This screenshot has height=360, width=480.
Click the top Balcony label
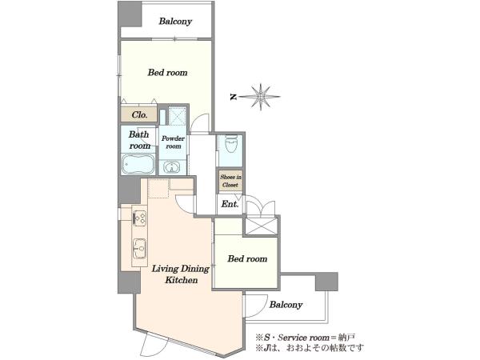click(x=175, y=21)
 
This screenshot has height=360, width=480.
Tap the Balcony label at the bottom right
click(x=286, y=305)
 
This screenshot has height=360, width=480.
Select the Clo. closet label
click(x=139, y=114)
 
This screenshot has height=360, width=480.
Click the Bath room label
click(x=139, y=140)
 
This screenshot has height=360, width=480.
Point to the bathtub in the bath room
click(x=138, y=164)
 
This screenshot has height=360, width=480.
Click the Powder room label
click(x=173, y=142)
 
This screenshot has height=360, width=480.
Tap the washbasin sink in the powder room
click(x=172, y=167)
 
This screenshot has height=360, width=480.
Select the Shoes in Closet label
click(x=230, y=181)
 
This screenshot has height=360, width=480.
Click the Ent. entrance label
click(x=230, y=204)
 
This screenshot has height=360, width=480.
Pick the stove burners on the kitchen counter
click(x=139, y=218)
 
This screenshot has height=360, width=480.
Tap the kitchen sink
click(x=139, y=248)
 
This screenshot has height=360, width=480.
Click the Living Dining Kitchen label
click(x=181, y=274)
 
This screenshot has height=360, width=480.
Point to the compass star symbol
click(x=261, y=97)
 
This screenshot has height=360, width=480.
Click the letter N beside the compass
click(x=234, y=97)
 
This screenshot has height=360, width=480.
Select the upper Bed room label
click(x=167, y=73)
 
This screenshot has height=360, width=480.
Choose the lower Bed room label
click(x=247, y=259)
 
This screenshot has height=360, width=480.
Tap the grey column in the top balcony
click(x=130, y=14)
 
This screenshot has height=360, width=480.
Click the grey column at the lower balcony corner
click(x=326, y=282)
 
